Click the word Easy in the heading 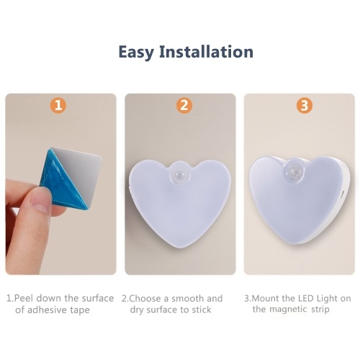point(136,52)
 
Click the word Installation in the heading point(207,51)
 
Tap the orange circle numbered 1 point(58,105)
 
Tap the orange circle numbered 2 point(184,105)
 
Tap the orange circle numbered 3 point(305,105)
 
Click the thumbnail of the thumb point(39,199)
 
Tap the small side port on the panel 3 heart point(343,194)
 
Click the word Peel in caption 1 point(23,298)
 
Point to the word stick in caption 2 point(202,310)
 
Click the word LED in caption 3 point(306,298)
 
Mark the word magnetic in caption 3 point(289,310)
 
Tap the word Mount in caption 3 point(266,298)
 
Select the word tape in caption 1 point(80,310)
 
